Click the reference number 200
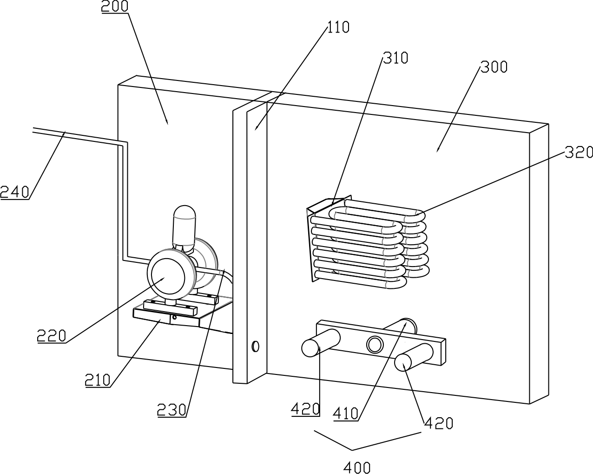tap(115, 6)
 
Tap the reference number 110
tap(339, 27)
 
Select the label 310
tap(395, 58)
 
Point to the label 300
tap(494, 67)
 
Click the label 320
tap(579, 152)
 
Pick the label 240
tap(15, 192)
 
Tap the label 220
tap(52, 336)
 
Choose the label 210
tap(98, 380)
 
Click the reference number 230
tap(171, 410)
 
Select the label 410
tap(346, 414)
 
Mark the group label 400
tap(357, 467)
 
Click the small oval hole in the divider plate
tap(256, 346)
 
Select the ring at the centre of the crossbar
tap(375, 345)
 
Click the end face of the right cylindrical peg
tap(403, 362)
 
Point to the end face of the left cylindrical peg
tap(310, 348)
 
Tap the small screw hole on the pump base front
tap(174, 318)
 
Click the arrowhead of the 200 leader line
tap(166, 121)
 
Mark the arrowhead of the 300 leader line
tap(438, 149)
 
